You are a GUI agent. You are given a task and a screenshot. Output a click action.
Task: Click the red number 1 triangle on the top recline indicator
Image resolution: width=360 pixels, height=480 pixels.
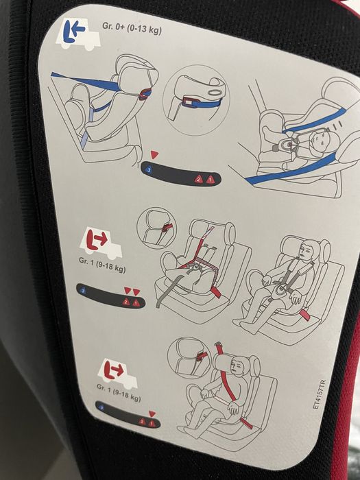click(x=209, y=179)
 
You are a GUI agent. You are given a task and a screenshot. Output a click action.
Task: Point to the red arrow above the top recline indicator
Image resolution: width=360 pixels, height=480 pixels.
click(x=155, y=155)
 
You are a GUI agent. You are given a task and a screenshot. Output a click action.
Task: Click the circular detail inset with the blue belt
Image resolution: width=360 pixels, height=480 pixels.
click(x=195, y=99)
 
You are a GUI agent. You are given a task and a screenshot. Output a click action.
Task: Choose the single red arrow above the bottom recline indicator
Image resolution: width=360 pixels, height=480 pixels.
click(x=152, y=413)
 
